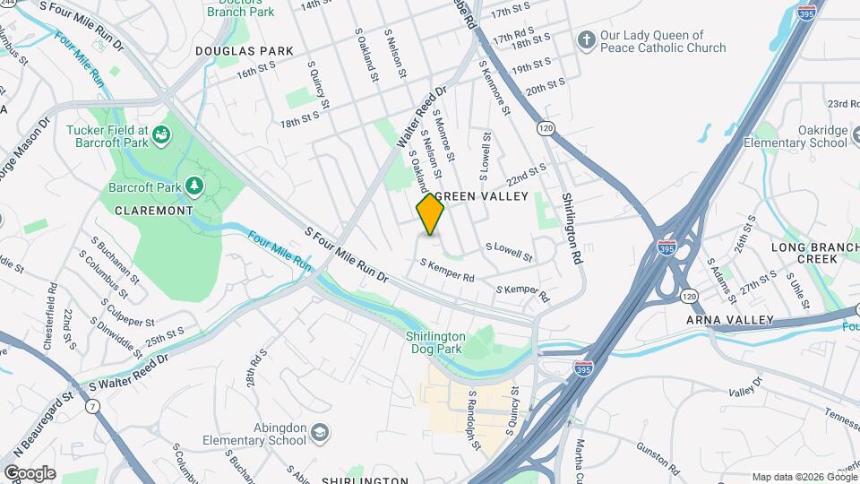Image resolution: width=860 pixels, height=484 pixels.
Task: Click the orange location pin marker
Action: point(430,213)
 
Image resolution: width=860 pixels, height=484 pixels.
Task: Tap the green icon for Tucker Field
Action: point(162,135)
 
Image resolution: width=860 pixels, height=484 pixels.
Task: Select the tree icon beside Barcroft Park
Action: point(193,186)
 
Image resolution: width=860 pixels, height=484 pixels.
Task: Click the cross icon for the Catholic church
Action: point(586,40)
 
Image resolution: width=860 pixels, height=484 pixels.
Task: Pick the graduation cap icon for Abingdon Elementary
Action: point(320,435)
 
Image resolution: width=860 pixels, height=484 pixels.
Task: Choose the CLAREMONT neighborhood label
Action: point(154,210)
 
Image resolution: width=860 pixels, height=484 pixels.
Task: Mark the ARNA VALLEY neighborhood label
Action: point(729,320)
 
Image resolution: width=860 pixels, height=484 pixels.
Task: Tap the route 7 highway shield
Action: point(92,407)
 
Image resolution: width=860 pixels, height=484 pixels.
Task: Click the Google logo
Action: point(29,472)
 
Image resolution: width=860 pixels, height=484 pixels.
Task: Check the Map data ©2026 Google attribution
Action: point(804,477)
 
